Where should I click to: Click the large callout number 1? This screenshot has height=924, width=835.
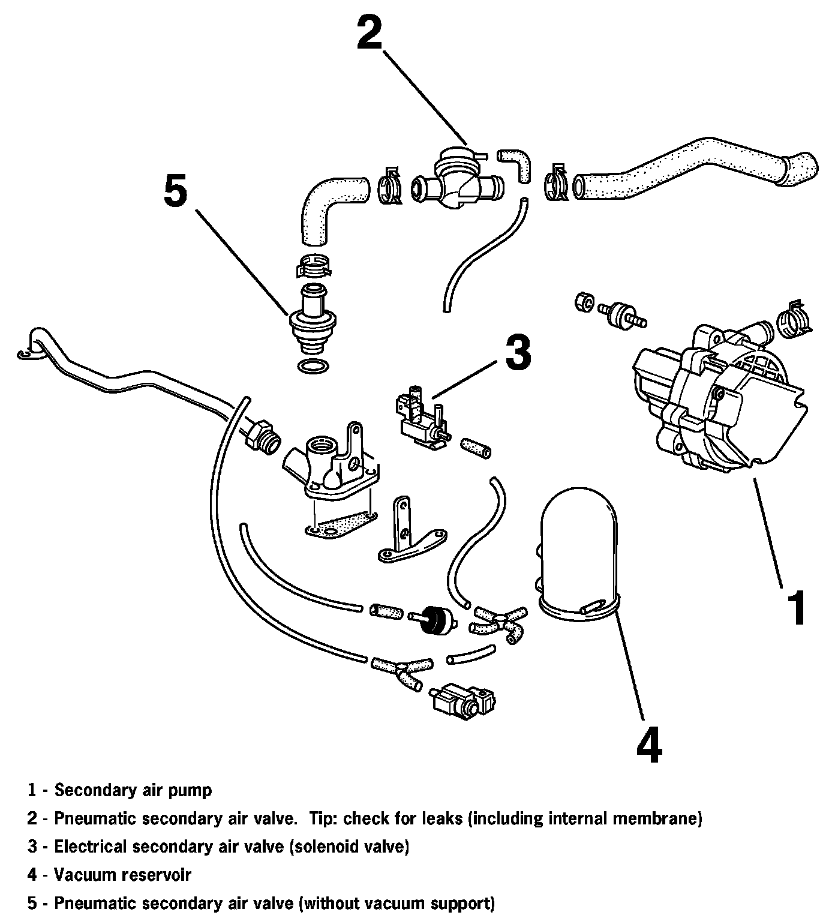pyautogui.click(x=796, y=607)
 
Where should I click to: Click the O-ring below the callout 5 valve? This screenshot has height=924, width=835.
pyautogui.click(x=313, y=366)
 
